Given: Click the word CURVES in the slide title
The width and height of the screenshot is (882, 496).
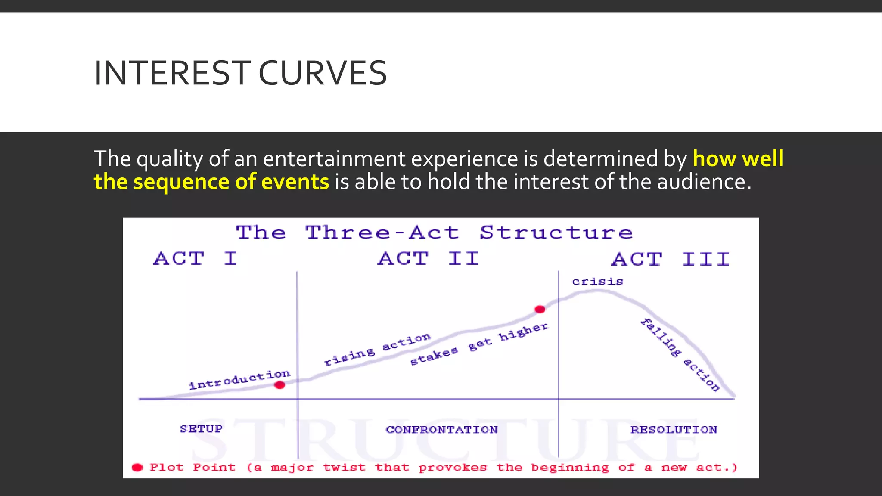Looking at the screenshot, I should [323, 73].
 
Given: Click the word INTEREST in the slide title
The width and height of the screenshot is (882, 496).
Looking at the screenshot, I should [172, 73].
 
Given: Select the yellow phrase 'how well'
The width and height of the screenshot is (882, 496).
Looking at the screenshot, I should [738, 158].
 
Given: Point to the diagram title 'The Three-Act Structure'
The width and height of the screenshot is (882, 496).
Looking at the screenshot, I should [434, 232].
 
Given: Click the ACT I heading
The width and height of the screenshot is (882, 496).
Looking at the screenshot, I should [195, 259].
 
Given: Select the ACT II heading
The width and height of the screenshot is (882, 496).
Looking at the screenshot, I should [428, 259].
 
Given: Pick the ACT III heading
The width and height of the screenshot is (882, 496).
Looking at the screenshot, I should [671, 259].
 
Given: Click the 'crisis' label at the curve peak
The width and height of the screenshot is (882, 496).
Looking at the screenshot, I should [597, 282].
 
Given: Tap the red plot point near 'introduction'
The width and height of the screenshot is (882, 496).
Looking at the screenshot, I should [280, 385].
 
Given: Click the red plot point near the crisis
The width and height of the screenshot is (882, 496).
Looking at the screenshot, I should [540, 309].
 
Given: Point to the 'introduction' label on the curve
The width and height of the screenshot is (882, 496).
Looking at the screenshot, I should [239, 379].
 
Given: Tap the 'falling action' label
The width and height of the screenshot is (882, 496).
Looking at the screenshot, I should [680, 355].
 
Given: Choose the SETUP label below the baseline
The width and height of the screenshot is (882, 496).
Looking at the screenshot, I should [201, 429].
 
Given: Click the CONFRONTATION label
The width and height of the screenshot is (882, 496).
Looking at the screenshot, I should [441, 430].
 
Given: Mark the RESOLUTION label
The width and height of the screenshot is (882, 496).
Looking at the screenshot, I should [674, 430].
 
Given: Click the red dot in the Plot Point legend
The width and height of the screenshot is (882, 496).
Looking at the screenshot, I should [137, 468].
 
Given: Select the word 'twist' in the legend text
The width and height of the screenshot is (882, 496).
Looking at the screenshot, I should [344, 468].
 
